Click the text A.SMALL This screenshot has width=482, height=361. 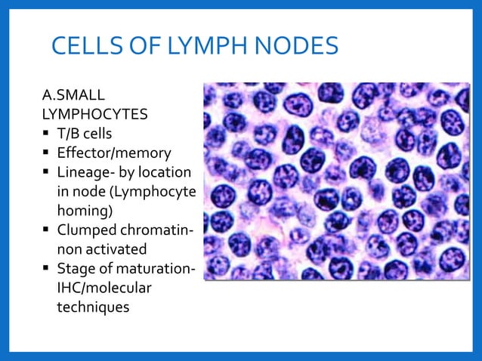click(x=73, y=97)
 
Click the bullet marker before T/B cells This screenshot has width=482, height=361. click(x=47, y=134)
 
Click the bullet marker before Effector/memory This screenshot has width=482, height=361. click(x=47, y=153)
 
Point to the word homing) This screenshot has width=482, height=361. click(x=86, y=210)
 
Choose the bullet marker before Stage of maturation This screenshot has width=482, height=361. click(x=47, y=269)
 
